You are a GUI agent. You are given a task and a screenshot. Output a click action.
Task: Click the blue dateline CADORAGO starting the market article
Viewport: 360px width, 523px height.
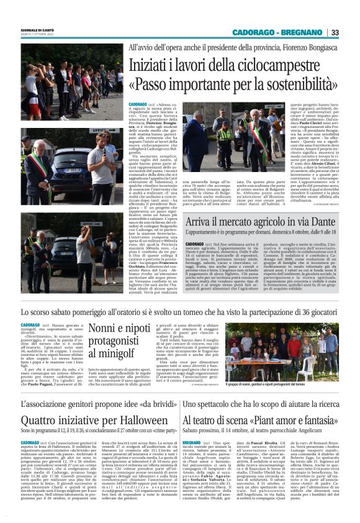(x=195, y=245)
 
